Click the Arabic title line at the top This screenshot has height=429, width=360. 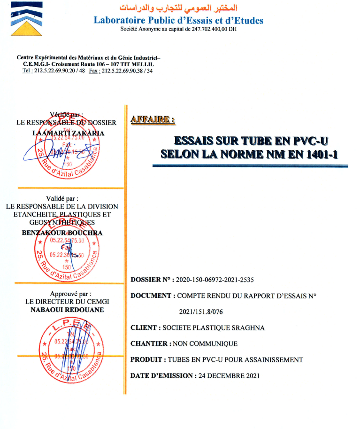tap(179, 8)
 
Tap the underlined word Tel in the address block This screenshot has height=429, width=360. tap(27, 71)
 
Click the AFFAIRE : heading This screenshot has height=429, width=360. tap(153, 119)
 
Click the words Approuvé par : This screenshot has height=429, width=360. tap(67, 294)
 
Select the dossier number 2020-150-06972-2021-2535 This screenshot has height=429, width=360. tap(214, 280)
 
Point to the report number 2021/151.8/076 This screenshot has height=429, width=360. tap(201, 311)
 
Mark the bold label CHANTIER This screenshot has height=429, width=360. tap(149, 343)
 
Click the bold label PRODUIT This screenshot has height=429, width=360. tap(146, 359)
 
